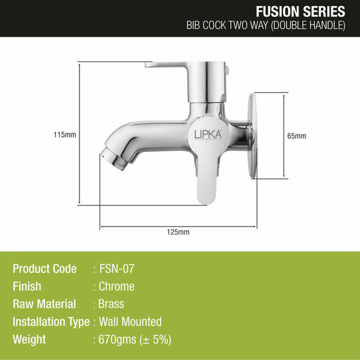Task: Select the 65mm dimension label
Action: coord(297,136)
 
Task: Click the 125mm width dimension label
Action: coord(178,232)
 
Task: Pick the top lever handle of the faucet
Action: coord(168,65)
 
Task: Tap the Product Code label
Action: coord(45,269)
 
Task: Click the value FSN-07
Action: coord(117,269)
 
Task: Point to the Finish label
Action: coord(27,287)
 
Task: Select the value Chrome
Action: coord(117,287)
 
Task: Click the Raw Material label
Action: coord(44,304)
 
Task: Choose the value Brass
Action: coord(112,304)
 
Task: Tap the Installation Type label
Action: coord(50,322)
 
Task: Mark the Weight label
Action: coord(29,340)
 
